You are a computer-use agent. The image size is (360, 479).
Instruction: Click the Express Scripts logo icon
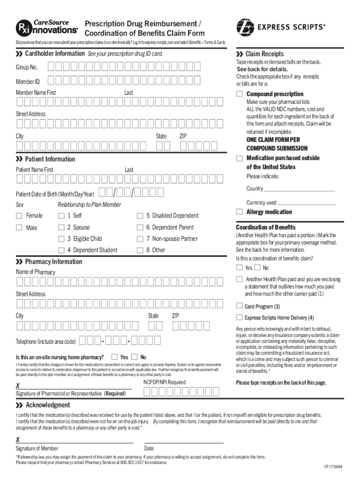coord(246,27)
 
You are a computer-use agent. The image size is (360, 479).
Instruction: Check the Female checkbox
coord(19,216)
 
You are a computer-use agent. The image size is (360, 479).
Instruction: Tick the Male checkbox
coord(19,227)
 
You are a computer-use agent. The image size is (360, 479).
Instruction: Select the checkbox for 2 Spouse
coord(61,227)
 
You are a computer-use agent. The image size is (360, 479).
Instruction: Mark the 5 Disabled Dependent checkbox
coord(139,216)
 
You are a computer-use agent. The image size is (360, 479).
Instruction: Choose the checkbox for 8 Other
coord(139,250)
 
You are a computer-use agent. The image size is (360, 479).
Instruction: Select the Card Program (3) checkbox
coord(239,306)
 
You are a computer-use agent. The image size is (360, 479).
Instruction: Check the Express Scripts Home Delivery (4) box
coord(239,318)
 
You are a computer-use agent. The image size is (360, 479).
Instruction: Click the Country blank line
coord(299,191)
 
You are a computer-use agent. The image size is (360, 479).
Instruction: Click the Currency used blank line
coord(306,204)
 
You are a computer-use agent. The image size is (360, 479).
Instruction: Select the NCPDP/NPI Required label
coord(164,382)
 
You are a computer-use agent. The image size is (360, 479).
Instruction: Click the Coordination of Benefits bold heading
coord(266,227)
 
